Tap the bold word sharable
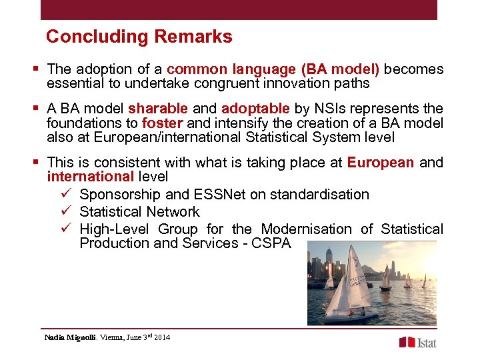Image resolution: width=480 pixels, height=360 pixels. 158,109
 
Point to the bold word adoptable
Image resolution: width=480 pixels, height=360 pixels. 255,109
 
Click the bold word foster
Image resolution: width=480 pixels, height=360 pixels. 163,123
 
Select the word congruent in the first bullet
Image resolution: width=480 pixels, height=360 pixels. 206,84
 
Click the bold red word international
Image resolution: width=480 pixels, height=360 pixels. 91,177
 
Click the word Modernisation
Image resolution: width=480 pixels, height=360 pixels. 307,229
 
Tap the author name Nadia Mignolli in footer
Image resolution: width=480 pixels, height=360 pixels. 71,337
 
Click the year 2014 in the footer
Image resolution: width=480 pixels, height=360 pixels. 161,337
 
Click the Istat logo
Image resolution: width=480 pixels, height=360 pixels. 417,342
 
